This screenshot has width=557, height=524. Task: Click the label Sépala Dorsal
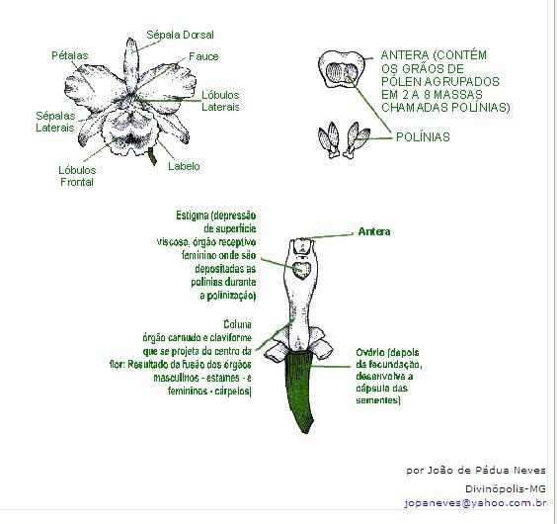coord(180,35)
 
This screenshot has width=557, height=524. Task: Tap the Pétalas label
coord(69,55)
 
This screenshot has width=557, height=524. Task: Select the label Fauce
coord(203,56)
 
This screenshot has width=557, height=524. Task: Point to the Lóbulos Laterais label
coord(220,101)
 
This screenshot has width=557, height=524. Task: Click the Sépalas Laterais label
coord(55,122)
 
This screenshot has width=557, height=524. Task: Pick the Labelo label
coord(184,166)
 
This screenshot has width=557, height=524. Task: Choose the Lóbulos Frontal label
coord(77,176)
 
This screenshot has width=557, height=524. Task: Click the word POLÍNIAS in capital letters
coord(423,137)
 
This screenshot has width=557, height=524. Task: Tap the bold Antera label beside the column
coord(374,232)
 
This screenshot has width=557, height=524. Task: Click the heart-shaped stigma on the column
coord(302,270)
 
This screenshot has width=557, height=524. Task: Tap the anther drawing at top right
coord(342,69)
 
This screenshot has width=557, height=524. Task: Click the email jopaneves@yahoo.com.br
coord(475,503)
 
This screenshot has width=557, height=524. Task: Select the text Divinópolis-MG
coord(506,488)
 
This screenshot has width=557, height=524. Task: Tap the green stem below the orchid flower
coord(152,156)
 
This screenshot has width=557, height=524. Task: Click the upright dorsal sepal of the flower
coord(130,65)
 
